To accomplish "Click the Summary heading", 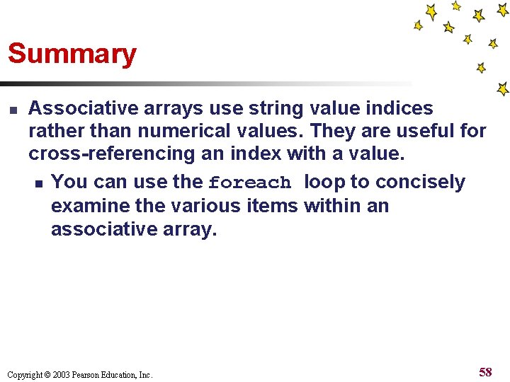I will pos(72,54).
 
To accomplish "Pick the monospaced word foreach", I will pos(249,183).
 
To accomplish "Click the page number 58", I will pos(485,372).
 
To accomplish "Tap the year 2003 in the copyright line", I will pos(61,375).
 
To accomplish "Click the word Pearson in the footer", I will pos(87,375).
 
